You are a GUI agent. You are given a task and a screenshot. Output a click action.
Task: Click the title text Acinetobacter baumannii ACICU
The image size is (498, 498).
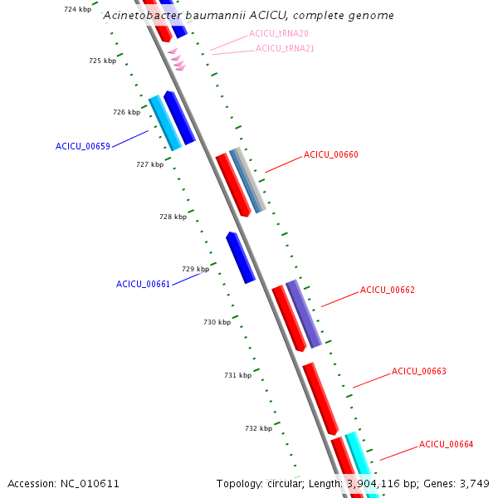tap(248, 16)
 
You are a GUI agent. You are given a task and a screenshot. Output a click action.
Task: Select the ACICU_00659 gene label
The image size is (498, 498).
tap(83, 146)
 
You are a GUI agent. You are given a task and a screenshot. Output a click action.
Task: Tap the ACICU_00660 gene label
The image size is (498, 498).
tap(330, 154)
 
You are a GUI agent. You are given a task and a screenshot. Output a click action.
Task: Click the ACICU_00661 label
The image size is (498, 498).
tap(143, 284)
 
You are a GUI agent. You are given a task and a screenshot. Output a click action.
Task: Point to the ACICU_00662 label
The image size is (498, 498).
tap(387, 290)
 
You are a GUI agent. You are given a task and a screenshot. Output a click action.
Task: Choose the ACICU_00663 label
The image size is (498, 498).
tap(418, 371)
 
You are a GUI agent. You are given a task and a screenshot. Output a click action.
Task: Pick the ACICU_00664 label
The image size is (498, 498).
tap(446, 444)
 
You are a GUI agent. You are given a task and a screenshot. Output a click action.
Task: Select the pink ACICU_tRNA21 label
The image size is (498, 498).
tap(285, 48)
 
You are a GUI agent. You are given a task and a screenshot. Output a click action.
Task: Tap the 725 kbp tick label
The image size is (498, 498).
tap(102, 61)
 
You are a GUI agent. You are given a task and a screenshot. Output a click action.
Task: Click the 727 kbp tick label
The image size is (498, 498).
tap(149, 164)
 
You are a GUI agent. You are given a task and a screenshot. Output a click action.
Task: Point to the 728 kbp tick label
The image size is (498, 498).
tap(173, 217)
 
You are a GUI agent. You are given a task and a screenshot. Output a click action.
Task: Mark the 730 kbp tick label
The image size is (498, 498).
tap(217, 322)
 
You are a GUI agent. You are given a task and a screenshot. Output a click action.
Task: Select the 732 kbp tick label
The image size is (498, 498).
tap(258, 428)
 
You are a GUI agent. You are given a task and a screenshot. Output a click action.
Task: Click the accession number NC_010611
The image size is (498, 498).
tap(90, 483)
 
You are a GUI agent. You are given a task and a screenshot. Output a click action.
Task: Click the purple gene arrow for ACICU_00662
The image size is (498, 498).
tap(304, 313)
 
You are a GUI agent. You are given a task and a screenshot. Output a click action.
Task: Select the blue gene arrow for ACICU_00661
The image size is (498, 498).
tap(241, 257)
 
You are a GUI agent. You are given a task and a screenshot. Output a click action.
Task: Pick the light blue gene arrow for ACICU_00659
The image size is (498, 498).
tap(165, 123)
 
